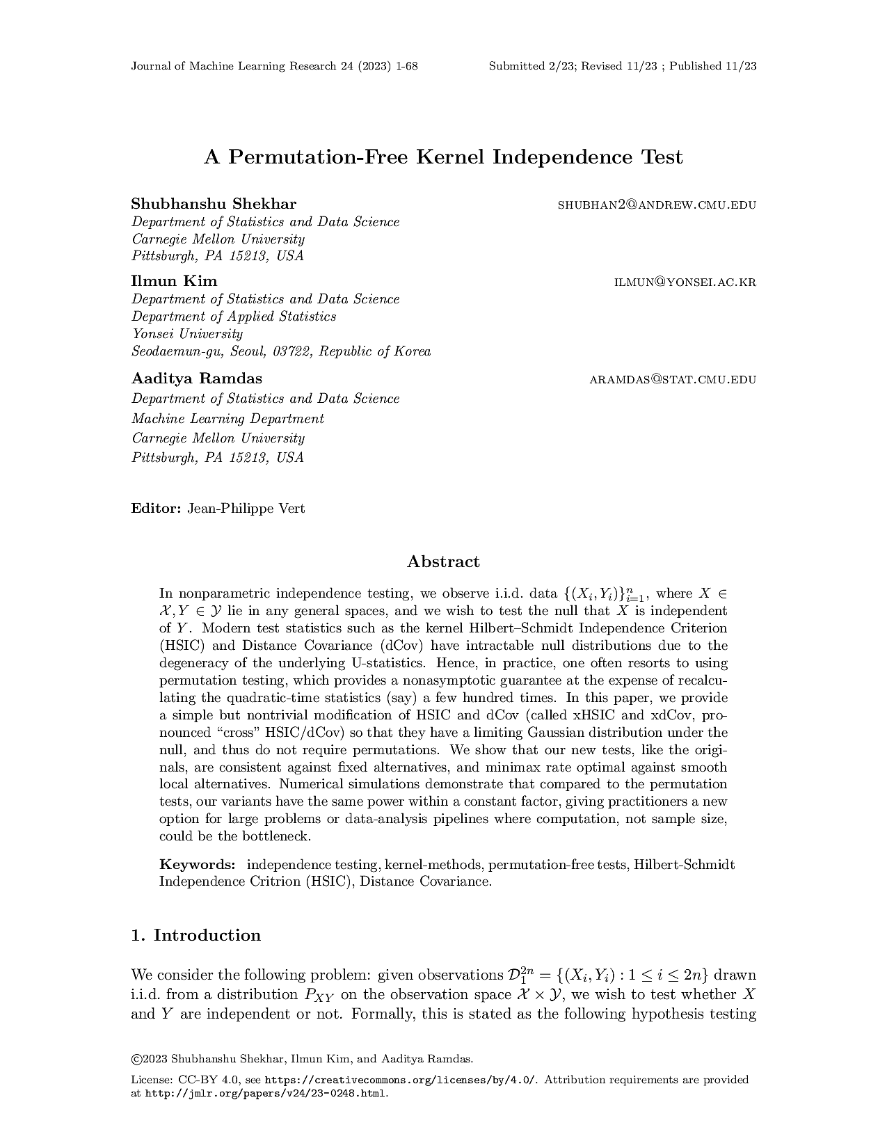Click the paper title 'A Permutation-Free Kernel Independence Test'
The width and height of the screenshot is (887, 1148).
pyautogui.click(x=443, y=157)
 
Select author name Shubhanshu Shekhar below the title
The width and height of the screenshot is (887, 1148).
pyautogui.click(x=214, y=204)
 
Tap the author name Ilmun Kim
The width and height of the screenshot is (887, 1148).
pyautogui.click(x=174, y=281)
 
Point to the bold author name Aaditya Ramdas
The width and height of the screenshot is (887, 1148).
pyautogui.click(x=197, y=379)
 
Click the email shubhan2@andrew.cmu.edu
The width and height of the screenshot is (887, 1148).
pyautogui.click(x=657, y=205)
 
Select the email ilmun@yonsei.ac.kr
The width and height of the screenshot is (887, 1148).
pyautogui.click(x=685, y=282)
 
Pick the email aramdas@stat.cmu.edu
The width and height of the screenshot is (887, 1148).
pyautogui.click(x=673, y=380)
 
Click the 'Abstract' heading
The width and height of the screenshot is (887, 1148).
pyautogui.click(x=443, y=562)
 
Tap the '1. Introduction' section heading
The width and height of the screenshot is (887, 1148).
pyautogui.click(x=195, y=935)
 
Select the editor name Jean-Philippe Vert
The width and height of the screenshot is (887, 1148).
pyautogui.click(x=246, y=509)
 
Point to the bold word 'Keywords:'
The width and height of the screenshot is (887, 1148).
pyautogui.click(x=198, y=865)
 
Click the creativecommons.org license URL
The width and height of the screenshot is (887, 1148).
pyautogui.click(x=401, y=1081)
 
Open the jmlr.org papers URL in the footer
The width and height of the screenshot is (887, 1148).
pyautogui.click(x=265, y=1094)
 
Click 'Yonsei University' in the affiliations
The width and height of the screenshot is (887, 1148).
pyautogui.click(x=187, y=334)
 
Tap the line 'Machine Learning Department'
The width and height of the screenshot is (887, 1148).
pyautogui.click(x=227, y=419)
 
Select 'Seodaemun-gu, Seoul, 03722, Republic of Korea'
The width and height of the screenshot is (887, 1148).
pyautogui.click(x=281, y=351)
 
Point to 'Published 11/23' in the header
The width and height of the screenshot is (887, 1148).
pyautogui.click(x=713, y=67)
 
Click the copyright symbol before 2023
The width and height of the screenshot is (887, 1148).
pyautogui.click(x=136, y=1060)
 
